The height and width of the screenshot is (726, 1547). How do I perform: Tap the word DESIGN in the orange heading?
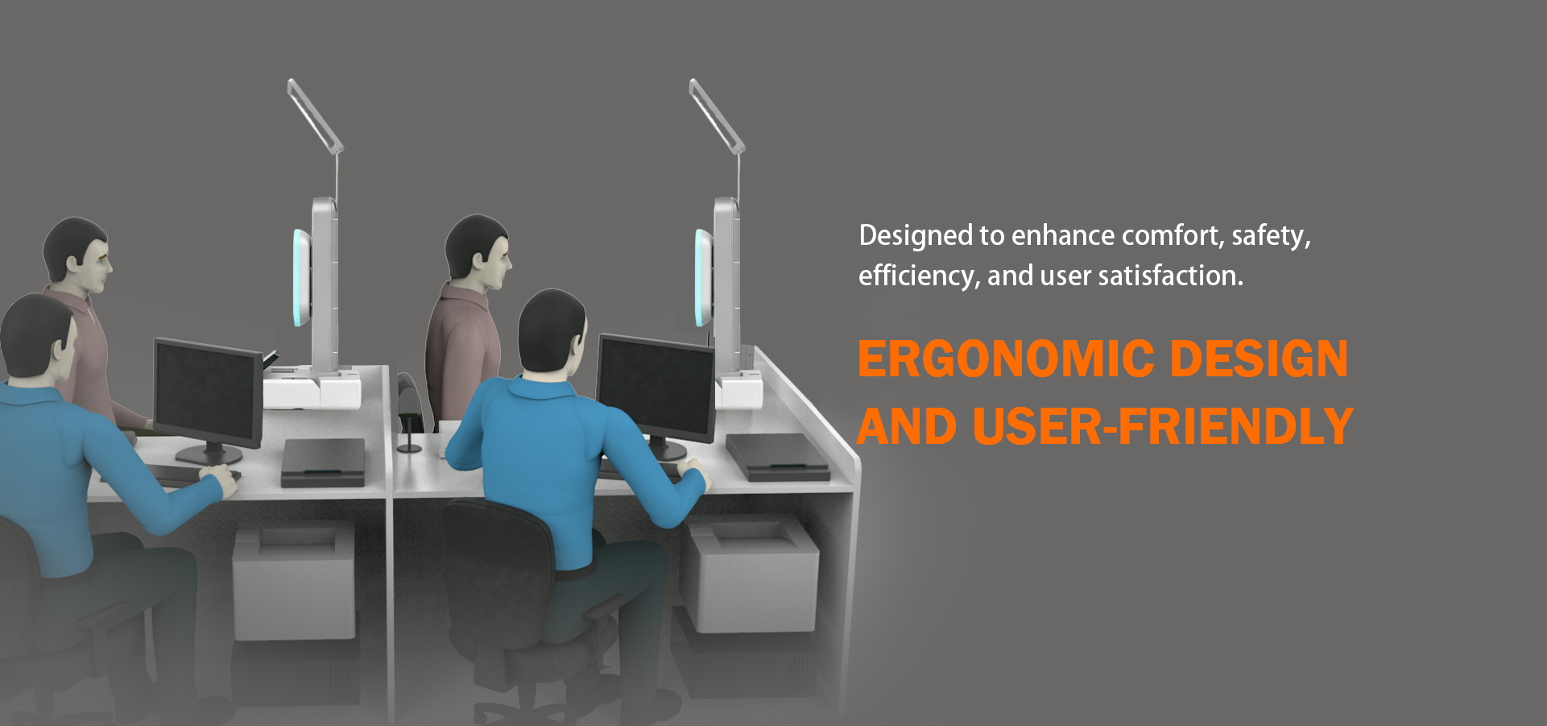tap(1259, 359)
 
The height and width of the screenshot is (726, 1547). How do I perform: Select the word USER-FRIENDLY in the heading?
tap(1163, 426)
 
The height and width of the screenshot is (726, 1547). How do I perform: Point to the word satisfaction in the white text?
tap(1171, 276)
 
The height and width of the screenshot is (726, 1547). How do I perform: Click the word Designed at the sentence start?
tap(916, 236)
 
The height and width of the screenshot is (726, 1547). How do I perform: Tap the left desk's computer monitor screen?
tap(207, 392)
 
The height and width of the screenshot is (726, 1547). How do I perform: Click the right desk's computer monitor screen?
tap(655, 386)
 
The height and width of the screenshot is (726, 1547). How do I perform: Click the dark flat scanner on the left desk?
tap(323, 462)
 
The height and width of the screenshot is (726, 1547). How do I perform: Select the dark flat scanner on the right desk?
tap(776, 456)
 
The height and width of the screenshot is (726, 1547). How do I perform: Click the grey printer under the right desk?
tap(751, 574)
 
